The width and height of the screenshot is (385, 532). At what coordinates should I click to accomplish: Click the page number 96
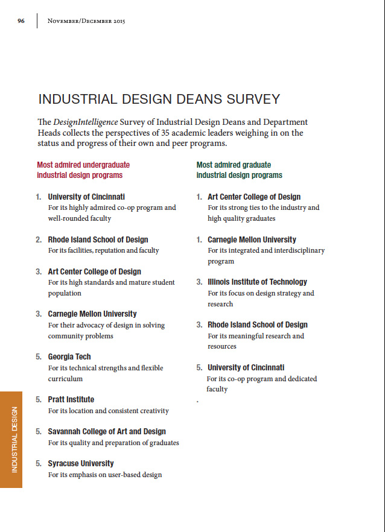[21, 21]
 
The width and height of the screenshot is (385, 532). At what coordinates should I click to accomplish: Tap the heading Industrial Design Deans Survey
[159, 100]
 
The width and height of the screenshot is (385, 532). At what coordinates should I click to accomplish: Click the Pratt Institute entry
[71, 399]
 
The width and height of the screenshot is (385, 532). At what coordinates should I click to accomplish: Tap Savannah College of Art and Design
[106, 431]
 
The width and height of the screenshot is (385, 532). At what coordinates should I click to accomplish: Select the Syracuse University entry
[80, 463]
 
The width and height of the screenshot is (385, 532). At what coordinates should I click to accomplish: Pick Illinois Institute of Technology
[257, 282]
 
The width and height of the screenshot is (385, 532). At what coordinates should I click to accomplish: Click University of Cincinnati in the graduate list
[246, 367]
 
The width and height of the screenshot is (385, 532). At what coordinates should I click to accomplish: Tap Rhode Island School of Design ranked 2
[98, 239]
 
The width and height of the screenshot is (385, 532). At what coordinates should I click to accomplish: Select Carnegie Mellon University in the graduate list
[252, 239]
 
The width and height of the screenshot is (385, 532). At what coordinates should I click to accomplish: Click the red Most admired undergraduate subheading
[83, 169]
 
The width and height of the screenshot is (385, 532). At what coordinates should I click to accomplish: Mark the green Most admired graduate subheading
[239, 169]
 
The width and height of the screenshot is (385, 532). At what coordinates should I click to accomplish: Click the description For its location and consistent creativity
[108, 411]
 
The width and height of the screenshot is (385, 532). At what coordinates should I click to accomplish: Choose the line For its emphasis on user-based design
[104, 475]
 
